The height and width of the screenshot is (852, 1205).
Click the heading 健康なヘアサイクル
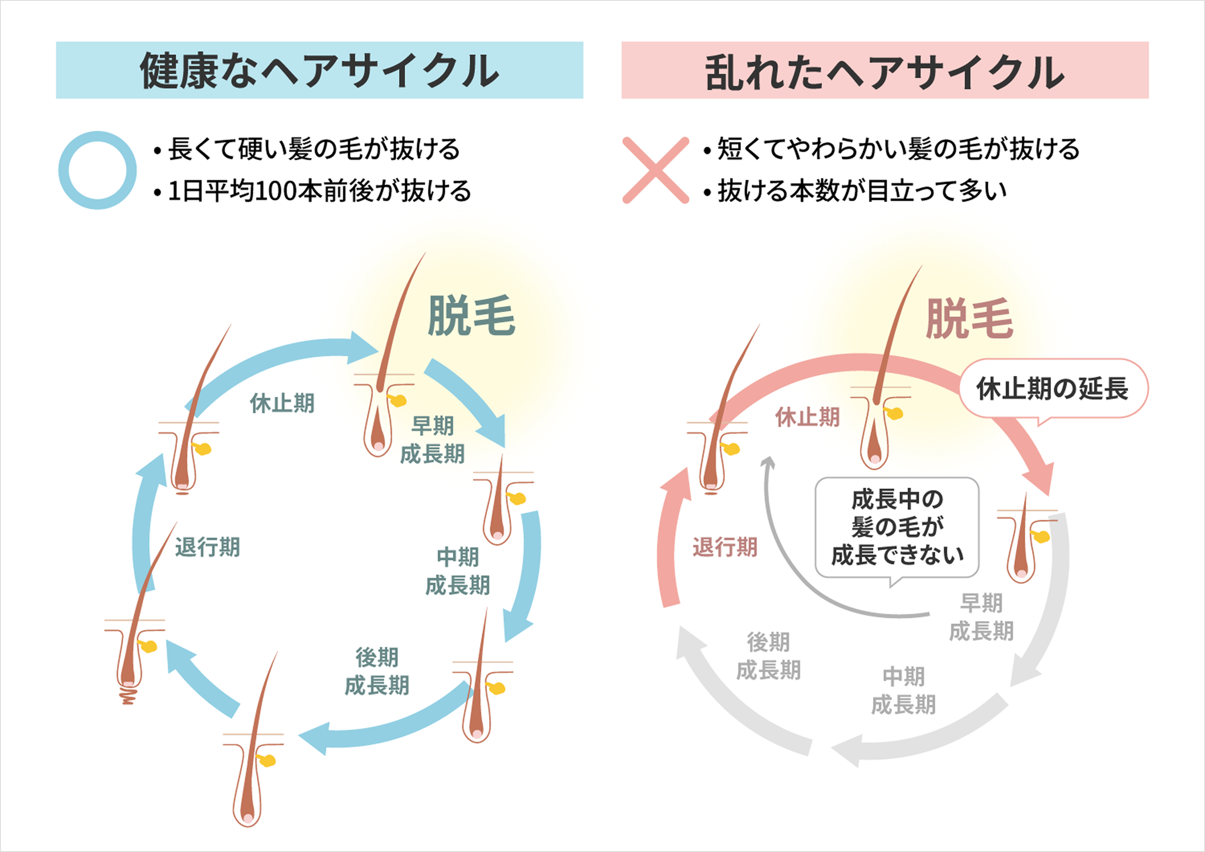point(319,70)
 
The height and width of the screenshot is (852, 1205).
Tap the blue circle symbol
point(98,170)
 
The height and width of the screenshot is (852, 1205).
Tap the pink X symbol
point(656,170)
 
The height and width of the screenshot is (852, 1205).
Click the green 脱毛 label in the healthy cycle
point(471,315)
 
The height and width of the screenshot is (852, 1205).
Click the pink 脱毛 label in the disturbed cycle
point(969,319)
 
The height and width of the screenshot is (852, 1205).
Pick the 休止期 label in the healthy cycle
point(282,403)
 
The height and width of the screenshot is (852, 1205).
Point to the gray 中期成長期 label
point(903,691)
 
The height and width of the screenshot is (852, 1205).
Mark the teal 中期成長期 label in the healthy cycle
point(457,571)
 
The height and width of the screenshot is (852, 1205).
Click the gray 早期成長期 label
point(981,617)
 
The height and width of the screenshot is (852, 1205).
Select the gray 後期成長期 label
point(768,656)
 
